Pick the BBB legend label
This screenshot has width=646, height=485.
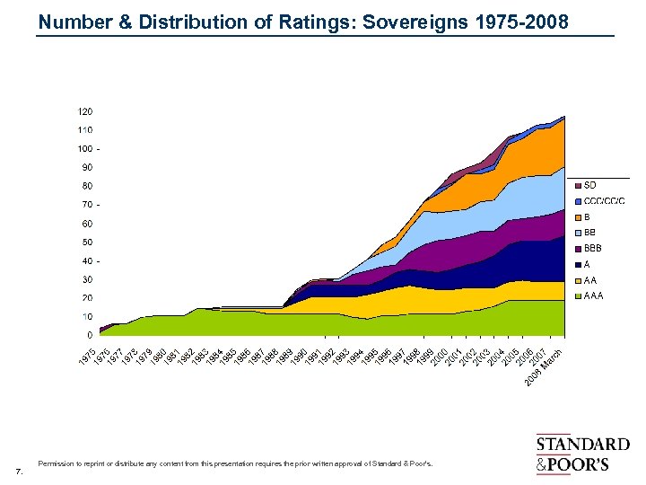[x=593, y=248]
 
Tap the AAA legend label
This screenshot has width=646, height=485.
[x=593, y=295]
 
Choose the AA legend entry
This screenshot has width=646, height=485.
[x=590, y=280]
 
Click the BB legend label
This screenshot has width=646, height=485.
[x=590, y=233]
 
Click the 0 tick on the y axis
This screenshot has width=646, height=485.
[x=90, y=335]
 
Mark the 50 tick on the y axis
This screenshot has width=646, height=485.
[x=87, y=242]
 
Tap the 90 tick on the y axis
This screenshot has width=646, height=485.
[x=87, y=167]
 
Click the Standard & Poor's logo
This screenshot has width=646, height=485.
[x=582, y=454]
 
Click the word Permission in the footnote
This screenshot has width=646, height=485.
[x=55, y=464]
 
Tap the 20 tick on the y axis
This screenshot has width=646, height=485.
[x=87, y=297]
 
